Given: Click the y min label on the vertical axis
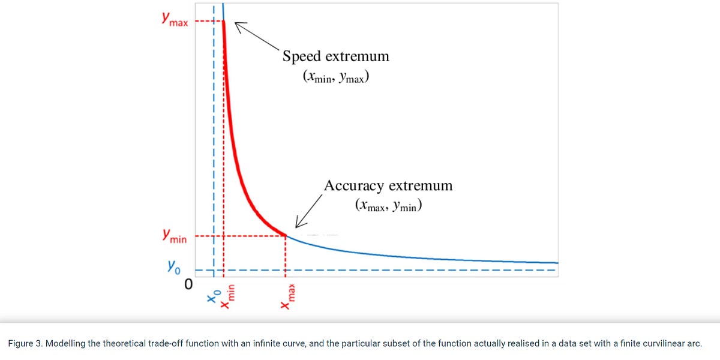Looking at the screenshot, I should click(173, 237).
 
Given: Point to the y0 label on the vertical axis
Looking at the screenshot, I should click(174, 265).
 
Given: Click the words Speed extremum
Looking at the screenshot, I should click(335, 56).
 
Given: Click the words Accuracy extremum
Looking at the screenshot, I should click(388, 185).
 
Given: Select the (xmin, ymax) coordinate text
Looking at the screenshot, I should click(335, 77).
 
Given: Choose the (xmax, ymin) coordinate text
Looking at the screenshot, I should click(388, 206).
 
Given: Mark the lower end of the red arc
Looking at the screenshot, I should click(285, 235).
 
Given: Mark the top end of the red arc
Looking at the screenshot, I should click(224, 22).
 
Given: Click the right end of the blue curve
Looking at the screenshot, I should click(557, 263).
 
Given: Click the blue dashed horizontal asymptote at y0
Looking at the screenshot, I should click(390, 270).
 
